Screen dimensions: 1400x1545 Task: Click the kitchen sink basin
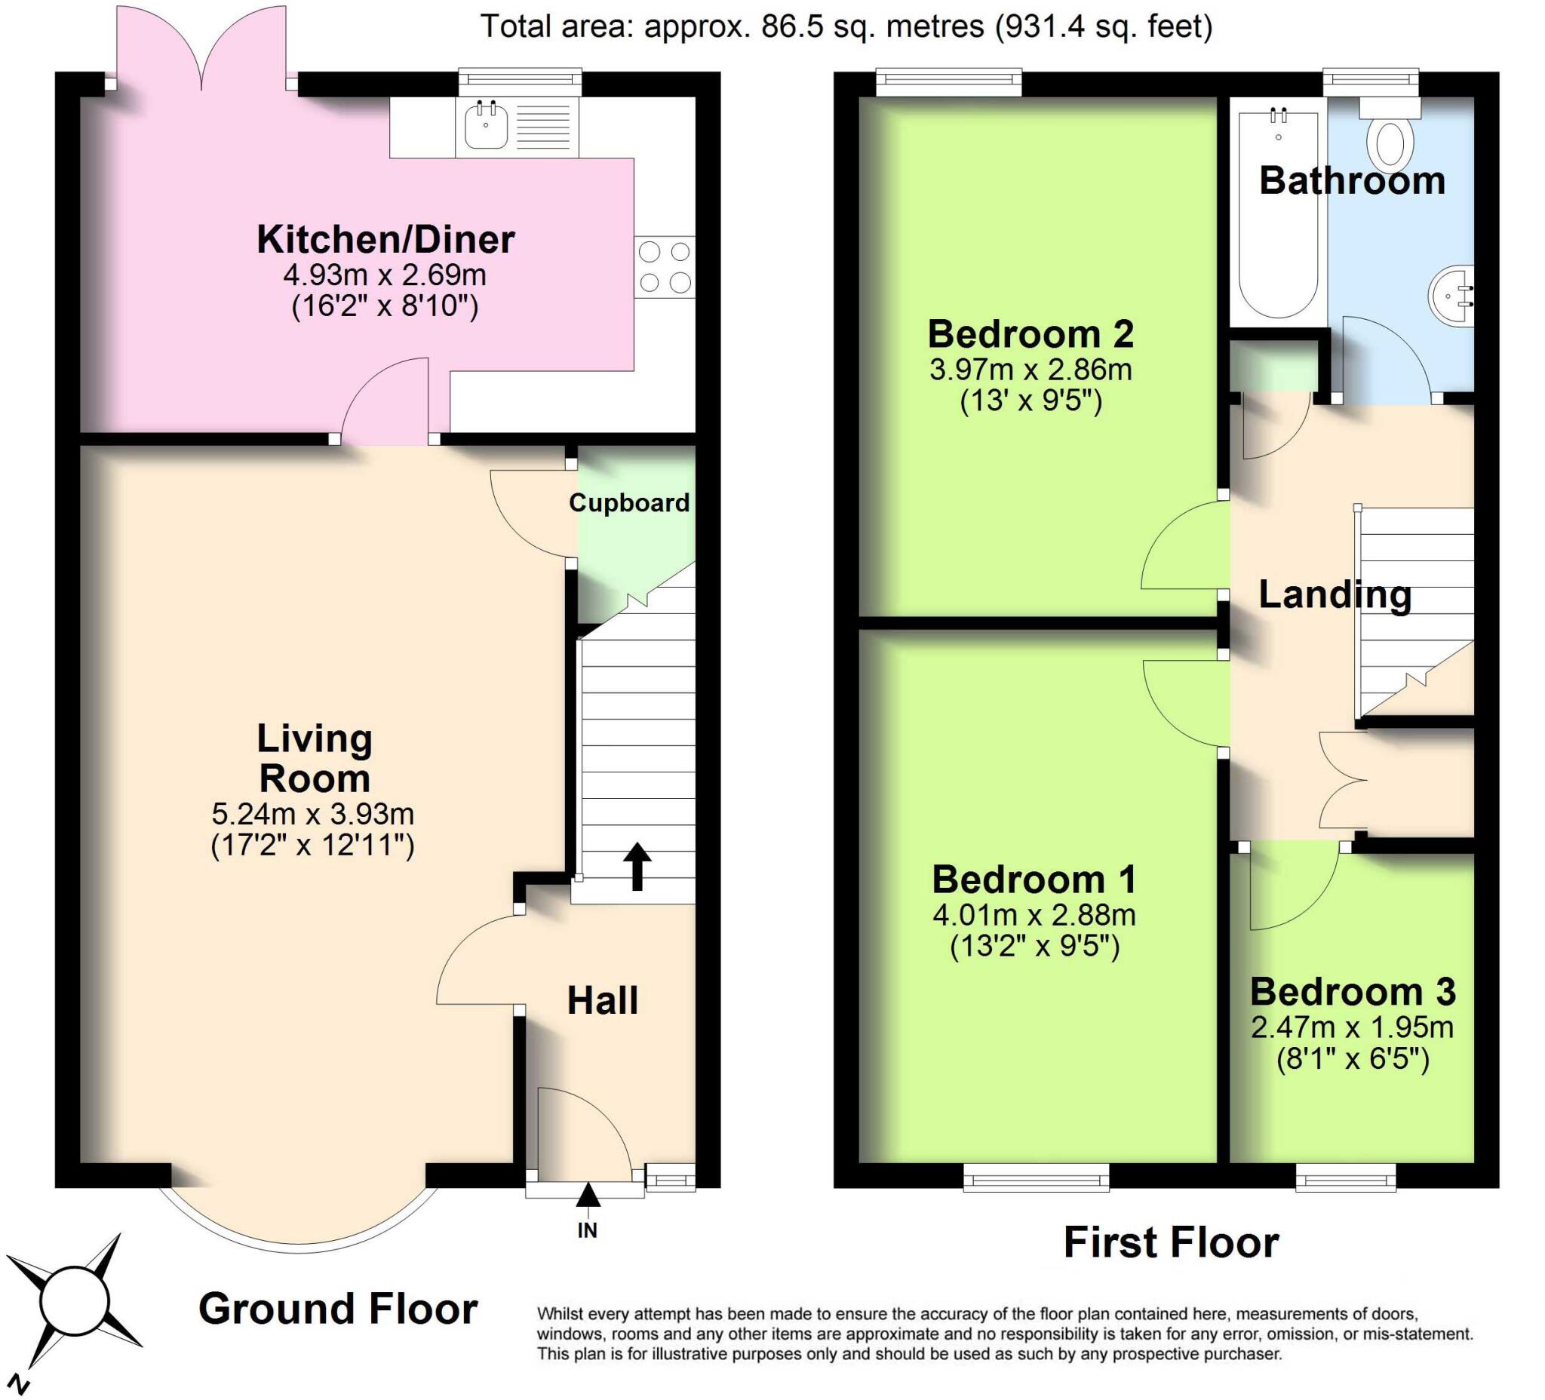(x=486, y=126)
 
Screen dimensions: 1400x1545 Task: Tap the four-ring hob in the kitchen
(x=665, y=268)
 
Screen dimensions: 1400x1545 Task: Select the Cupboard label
(x=629, y=502)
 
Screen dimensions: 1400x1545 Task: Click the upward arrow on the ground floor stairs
(x=637, y=866)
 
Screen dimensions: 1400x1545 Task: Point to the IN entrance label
(x=588, y=1230)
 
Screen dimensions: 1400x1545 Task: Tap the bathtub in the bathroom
(x=1277, y=214)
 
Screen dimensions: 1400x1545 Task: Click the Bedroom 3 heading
(x=1353, y=992)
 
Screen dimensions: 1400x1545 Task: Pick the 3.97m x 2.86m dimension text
(x=1031, y=370)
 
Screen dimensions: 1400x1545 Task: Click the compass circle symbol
(x=76, y=1302)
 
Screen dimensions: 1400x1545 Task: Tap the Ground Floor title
(x=338, y=1309)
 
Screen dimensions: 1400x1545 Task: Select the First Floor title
(x=1171, y=1243)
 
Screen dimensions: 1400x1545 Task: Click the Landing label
(x=1335, y=594)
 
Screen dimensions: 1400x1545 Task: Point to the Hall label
(x=602, y=1001)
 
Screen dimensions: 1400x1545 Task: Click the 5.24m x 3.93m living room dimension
(x=312, y=813)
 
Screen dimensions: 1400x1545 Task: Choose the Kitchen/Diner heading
(x=385, y=239)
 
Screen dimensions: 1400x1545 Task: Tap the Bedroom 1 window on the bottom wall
(x=1036, y=1177)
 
